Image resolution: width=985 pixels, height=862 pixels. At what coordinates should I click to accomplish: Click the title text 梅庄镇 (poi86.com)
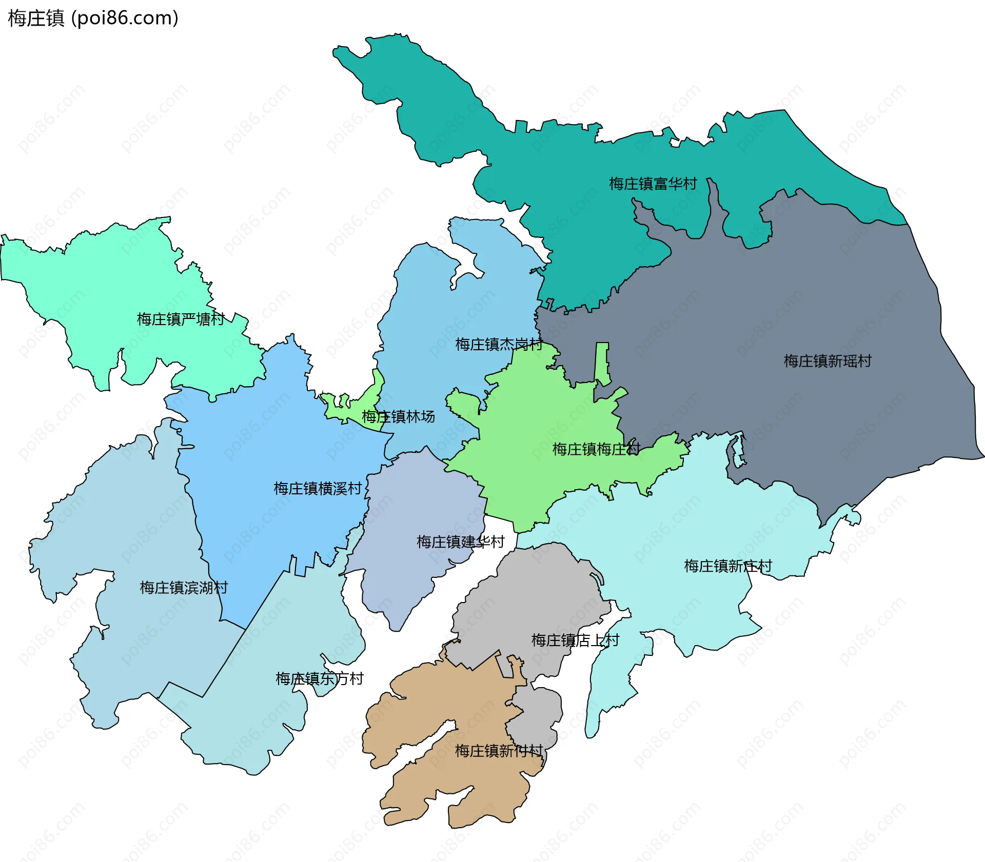coord(93,18)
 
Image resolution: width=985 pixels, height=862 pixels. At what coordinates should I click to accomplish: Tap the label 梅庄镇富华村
coord(653,184)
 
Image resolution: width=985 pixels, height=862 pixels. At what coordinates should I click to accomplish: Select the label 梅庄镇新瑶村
coord(827,361)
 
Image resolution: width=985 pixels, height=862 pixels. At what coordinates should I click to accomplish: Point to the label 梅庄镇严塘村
coord(180,319)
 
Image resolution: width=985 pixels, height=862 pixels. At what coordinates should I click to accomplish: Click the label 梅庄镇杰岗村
coord(498,344)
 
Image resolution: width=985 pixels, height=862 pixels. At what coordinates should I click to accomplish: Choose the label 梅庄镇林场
coord(398,416)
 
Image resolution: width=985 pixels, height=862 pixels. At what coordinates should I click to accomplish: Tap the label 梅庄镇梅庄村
coord(596,449)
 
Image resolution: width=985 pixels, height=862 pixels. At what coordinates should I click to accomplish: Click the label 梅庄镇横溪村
coord(318,488)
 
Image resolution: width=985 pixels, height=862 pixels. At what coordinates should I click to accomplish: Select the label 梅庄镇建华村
coord(460,542)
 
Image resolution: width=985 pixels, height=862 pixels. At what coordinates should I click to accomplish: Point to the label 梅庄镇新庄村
coord(727,566)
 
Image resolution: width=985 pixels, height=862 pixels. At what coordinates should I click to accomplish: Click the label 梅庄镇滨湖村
coord(184,588)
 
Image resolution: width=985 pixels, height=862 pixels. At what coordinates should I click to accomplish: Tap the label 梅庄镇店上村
coord(575,640)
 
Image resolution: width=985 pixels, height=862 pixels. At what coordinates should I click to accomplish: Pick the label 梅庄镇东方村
coord(319,678)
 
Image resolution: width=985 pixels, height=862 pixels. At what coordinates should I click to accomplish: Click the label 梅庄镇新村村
coord(498,751)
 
